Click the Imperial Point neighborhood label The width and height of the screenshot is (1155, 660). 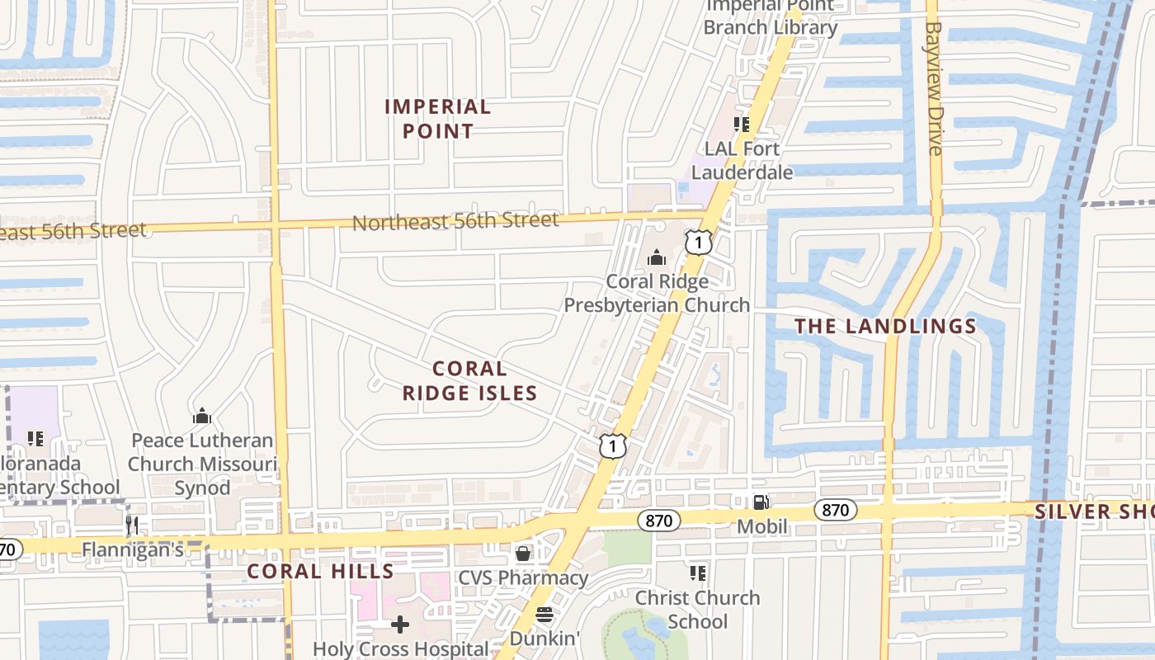pos(437,119)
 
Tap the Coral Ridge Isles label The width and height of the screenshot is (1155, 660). pos(469,381)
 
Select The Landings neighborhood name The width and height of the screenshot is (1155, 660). pos(885,327)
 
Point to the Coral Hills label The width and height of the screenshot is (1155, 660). pos(321,571)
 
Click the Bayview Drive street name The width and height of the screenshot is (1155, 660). pos(934,88)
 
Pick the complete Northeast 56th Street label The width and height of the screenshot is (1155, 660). pos(455,221)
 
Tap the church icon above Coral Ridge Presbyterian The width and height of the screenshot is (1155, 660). pos(657,258)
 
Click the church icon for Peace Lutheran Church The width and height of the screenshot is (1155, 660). pos(202,417)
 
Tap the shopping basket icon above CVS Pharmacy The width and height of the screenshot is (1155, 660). pos(522,553)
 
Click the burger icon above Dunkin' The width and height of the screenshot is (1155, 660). pos(544,615)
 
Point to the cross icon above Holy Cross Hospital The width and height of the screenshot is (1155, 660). pos(400,625)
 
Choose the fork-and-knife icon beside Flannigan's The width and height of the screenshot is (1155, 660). pos(132,524)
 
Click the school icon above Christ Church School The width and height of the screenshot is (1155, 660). pos(698,573)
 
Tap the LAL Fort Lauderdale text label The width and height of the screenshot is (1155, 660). pos(742,161)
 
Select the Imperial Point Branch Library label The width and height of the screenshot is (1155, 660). pos(770,16)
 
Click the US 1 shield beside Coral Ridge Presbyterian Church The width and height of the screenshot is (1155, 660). pos(698,243)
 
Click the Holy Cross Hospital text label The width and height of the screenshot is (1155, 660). pos(400,649)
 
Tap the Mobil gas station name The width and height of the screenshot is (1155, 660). pos(761,526)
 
